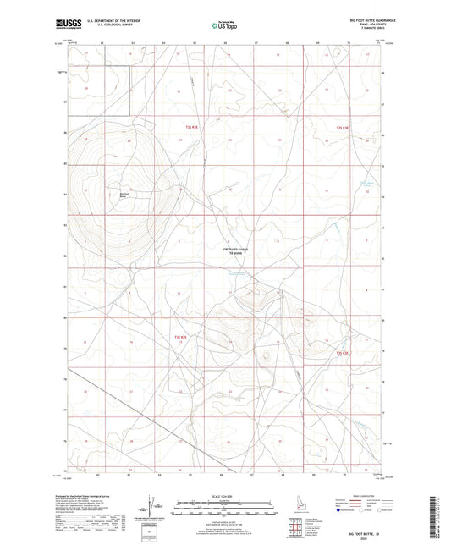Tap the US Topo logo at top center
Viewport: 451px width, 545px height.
click(x=225, y=25)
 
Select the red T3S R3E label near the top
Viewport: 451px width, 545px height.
click(x=340, y=127)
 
